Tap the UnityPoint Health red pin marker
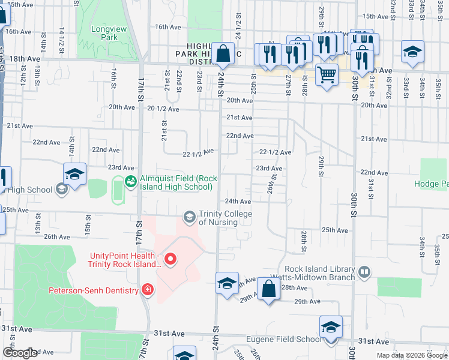pos(170,259)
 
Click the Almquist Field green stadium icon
pos(130,180)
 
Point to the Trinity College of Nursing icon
pos(190,216)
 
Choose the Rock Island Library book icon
pos(364,272)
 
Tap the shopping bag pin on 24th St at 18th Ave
pos(223,53)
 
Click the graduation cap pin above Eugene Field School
pos(330,327)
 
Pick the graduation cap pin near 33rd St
pos(412,52)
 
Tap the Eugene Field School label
pos(284,340)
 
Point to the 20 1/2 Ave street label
pos(163,109)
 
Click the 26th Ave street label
pos(57,237)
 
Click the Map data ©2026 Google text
pos(411,355)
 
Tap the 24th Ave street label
pos(237,201)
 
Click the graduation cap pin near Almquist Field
pos(75,174)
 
